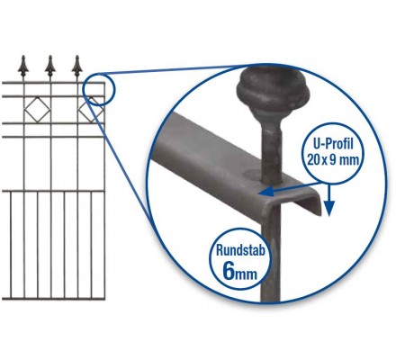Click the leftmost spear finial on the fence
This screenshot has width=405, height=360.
[x=23, y=67]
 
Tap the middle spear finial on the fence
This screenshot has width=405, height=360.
[x=50, y=67]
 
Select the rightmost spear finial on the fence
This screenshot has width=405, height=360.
[x=77, y=67]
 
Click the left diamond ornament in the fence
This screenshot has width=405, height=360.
[x=37, y=110]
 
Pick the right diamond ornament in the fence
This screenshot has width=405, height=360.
[x=91, y=110]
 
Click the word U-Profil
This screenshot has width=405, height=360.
[x=333, y=144]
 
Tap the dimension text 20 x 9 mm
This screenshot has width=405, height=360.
[x=333, y=160]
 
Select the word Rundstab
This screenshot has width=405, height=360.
[x=240, y=250]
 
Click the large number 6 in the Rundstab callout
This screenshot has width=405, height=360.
[x=229, y=271]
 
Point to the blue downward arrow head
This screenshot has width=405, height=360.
[x=329, y=208]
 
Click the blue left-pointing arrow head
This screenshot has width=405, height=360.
[x=266, y=191]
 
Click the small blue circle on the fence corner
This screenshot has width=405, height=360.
[x=98, y=89]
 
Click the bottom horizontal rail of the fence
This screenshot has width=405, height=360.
[x=53, y=299]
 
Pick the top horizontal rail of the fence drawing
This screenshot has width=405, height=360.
[x=53, y=82]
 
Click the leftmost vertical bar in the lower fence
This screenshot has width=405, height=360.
[x=11, y=245]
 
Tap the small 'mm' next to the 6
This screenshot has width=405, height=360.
[x=246, y=274]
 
